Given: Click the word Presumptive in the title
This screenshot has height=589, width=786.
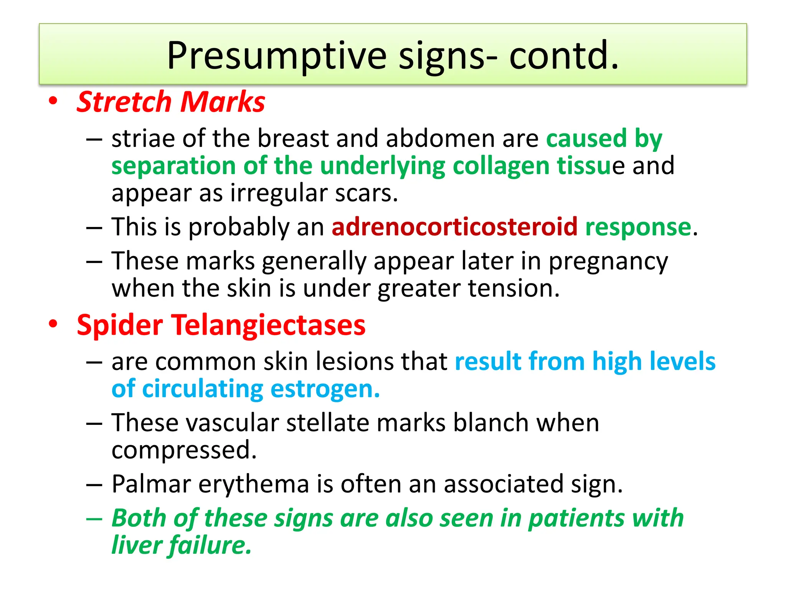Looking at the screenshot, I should point(276,56).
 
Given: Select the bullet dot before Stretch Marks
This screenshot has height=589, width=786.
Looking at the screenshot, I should point(53,101).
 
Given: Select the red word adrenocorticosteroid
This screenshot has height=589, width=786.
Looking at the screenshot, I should point(454,227).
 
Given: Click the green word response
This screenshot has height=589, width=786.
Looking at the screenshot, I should point(638,227).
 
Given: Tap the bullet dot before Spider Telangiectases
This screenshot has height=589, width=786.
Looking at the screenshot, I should point(53,324).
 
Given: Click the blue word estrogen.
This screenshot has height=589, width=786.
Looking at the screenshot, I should point(325,389).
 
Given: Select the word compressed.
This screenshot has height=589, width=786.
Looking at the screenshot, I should point(184,450).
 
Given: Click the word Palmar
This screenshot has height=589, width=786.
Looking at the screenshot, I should point(151,484).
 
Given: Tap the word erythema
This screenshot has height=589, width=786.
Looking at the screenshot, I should point(254,484).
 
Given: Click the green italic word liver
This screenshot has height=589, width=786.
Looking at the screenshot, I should point(136,545).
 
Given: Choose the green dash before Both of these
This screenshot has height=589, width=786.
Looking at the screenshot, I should point(94,518).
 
